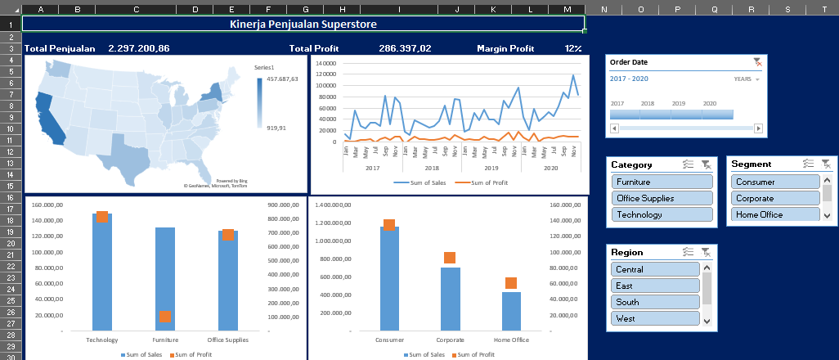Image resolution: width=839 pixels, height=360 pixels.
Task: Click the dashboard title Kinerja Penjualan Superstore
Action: point(303,25)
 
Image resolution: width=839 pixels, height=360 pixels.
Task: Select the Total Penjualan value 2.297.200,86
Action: point(139,48)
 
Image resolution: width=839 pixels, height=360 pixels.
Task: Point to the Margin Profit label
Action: point(505,48)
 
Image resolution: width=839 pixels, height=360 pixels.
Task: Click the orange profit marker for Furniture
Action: point(165,316)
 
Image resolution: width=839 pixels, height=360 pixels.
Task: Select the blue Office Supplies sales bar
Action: point(228,282)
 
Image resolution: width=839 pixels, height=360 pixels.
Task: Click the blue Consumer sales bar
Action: point(389,282)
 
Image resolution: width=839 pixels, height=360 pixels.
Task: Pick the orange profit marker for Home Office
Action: point(511,283)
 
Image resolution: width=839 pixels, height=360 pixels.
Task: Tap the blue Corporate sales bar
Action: point(450,299)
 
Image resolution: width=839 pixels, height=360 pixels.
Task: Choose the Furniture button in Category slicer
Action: point(662,182)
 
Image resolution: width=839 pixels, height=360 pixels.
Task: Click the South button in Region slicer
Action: point(655,302)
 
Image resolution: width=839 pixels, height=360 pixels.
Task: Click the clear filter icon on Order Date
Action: point(757,62)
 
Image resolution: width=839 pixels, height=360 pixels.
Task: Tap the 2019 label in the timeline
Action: point(679,104)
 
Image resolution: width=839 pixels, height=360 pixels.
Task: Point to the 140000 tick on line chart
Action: point(325,63)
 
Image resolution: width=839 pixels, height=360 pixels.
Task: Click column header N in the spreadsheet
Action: point(603,9)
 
